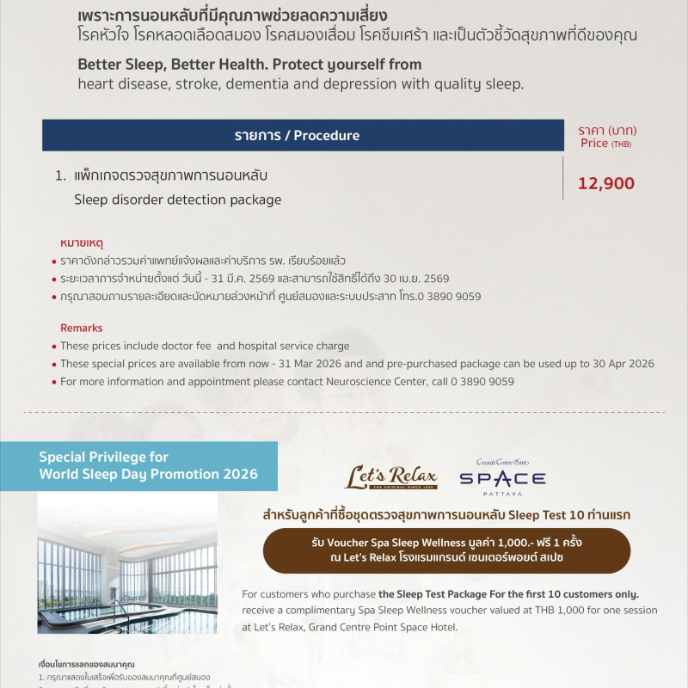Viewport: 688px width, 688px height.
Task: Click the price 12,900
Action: click(x=606, y=183)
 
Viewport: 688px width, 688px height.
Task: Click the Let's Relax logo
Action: click(x=391, y=478)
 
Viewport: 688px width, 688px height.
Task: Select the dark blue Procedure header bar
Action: click(x=297, y=136)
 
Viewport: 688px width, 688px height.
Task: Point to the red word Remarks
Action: click(x=81, y=328)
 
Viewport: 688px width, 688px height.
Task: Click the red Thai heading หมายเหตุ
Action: click(x=83, y=243)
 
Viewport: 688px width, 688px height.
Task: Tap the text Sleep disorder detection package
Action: click(x=177, y=200)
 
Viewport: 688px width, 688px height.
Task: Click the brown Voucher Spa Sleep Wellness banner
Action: click(x=446, y=551)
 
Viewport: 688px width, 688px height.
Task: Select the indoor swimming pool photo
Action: click(x=127, y=562)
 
